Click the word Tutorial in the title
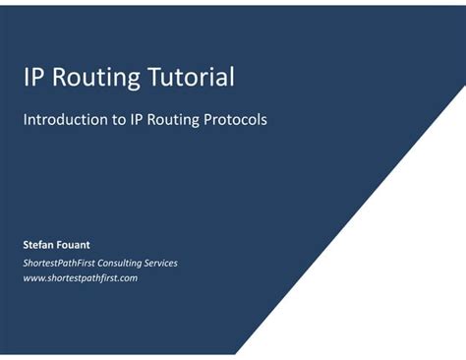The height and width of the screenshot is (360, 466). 193,77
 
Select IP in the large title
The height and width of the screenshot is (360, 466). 33,77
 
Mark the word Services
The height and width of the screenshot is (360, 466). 176,263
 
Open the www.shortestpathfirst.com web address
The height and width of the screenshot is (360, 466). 80,278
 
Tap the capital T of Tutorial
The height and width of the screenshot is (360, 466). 157,77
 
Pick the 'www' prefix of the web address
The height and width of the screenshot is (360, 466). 32,278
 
